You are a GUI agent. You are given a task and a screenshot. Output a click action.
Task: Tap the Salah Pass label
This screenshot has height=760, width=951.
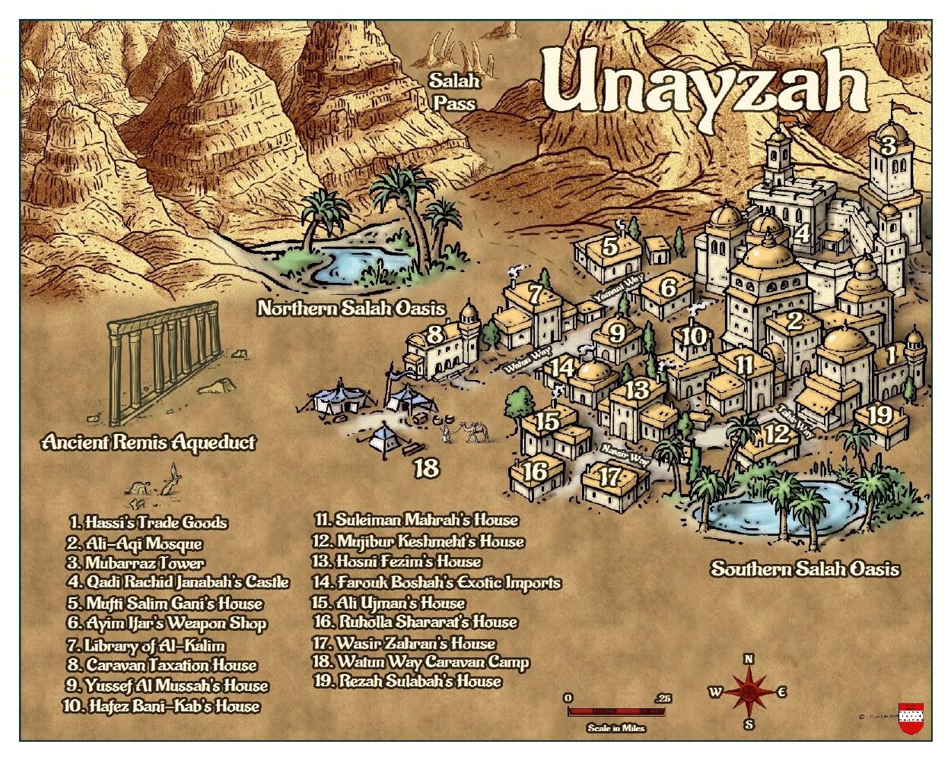[454, 91]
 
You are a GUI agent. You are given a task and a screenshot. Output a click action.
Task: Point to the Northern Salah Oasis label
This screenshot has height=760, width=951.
[351, 308]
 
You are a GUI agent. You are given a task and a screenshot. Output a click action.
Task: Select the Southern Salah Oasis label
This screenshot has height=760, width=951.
[805, 568]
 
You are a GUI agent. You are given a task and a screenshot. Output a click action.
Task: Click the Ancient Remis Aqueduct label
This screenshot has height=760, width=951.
[149, 442]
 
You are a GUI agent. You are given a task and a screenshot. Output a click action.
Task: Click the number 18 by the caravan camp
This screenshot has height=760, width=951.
[427, 467]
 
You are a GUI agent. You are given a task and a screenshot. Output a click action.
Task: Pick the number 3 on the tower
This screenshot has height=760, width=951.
[888, 145]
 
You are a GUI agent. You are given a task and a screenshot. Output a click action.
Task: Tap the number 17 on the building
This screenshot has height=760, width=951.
[610, 477]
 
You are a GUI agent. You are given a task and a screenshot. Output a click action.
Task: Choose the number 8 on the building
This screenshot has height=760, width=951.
[435, 334]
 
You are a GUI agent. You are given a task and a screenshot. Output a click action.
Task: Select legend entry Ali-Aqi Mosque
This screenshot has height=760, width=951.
[135, 543]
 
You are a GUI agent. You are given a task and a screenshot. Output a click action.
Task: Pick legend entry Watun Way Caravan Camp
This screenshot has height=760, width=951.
[421, 662]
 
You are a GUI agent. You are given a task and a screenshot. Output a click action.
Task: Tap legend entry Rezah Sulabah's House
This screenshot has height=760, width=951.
[408, 681]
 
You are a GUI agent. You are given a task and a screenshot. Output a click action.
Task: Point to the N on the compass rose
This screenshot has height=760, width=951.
[749, 659]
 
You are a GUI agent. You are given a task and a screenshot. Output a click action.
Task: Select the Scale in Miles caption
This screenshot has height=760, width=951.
[616, 728]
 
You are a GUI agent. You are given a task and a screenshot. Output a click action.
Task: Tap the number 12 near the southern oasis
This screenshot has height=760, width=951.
[777, 434]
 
